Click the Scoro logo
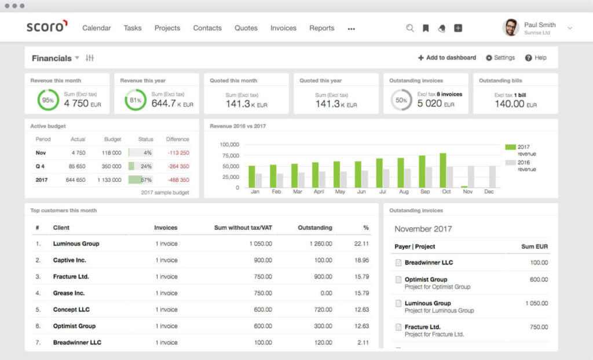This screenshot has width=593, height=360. pos(47,27)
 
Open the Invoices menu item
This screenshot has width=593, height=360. pos(283,28)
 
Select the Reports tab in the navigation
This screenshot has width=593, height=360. pos(321,28)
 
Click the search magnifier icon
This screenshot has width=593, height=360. pos(410,28)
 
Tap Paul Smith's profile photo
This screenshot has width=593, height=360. pos(511,27)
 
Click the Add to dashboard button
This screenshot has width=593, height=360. pos(447,58)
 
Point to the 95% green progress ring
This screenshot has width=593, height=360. pos(48,100)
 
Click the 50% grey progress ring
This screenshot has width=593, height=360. pos(401,100)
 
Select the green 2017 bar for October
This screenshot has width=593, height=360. pos(443,170)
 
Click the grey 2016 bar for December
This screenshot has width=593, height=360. pos(492,177)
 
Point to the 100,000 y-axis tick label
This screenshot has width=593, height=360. pos(229,145)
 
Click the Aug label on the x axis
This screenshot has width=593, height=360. pos(404,192)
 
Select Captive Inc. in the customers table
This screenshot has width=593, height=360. pos(69,260)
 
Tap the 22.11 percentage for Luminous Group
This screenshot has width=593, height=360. pos(362,244)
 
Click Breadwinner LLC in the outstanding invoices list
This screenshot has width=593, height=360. pos(429,263)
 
